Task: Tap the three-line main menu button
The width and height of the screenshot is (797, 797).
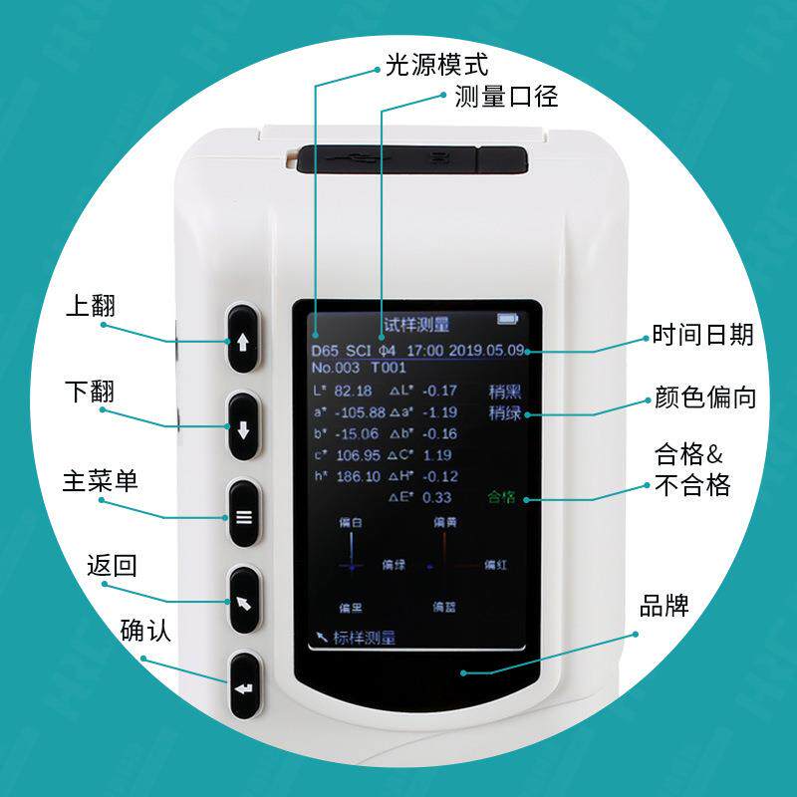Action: click(x=244, y=516)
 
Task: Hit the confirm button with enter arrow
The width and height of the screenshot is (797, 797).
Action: click(x=244, y=687)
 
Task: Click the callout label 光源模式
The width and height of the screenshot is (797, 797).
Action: click(x=436, y=67)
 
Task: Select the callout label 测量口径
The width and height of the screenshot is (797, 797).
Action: click(x=505, y=97)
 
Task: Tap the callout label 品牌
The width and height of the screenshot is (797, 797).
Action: click(x=664, y=605)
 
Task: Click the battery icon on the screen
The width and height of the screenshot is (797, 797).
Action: click(x=509, y=320)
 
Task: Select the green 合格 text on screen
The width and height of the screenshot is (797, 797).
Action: click(x=504, y=497)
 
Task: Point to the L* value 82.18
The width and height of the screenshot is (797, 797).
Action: click(x=354, y=391)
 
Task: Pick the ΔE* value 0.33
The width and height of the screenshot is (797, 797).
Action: click(x=437, y=497)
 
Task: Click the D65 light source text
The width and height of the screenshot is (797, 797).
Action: click(x=324, y=351)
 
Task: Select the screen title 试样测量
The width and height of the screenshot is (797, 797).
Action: click(x=416, y=325)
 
